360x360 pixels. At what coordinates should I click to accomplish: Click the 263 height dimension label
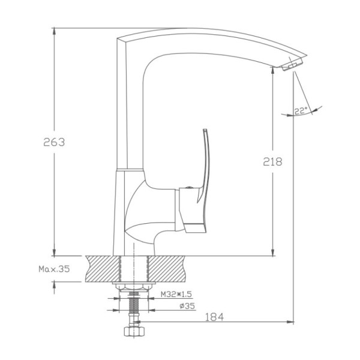pos(54,142)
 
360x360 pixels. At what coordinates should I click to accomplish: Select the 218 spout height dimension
pos(272,161)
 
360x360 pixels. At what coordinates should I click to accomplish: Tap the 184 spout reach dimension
pos(214,317)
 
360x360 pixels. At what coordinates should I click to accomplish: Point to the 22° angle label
pos(301,111)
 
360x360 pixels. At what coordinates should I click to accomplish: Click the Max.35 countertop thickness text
pos(54,269)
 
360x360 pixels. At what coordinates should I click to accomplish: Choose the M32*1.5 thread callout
pos(176,294)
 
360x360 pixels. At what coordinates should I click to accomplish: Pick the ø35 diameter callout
pos(187,306)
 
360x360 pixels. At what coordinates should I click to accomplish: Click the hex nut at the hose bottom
pos(134,331)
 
